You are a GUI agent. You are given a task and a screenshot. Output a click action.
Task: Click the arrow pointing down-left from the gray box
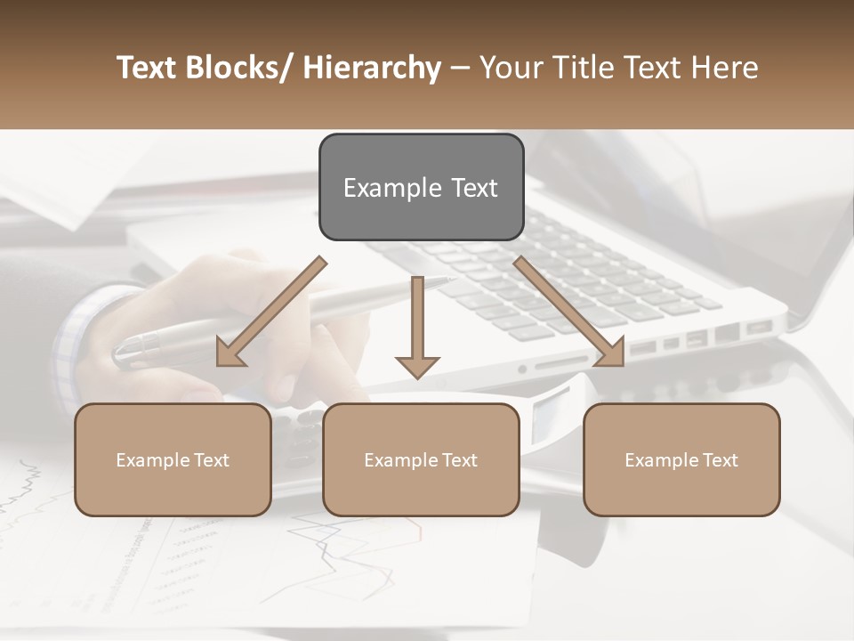[x=271, y=312]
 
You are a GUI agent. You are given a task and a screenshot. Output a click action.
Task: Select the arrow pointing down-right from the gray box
[x=569, y=312]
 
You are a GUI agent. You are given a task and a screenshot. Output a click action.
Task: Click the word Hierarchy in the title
[x=371, y=68]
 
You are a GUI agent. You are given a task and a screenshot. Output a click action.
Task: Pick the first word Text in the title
[x=149, y=68]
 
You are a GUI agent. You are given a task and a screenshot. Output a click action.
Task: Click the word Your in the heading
[x=510, y=68]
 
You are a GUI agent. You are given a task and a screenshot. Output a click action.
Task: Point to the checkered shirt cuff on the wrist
[x=76, y=338]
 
